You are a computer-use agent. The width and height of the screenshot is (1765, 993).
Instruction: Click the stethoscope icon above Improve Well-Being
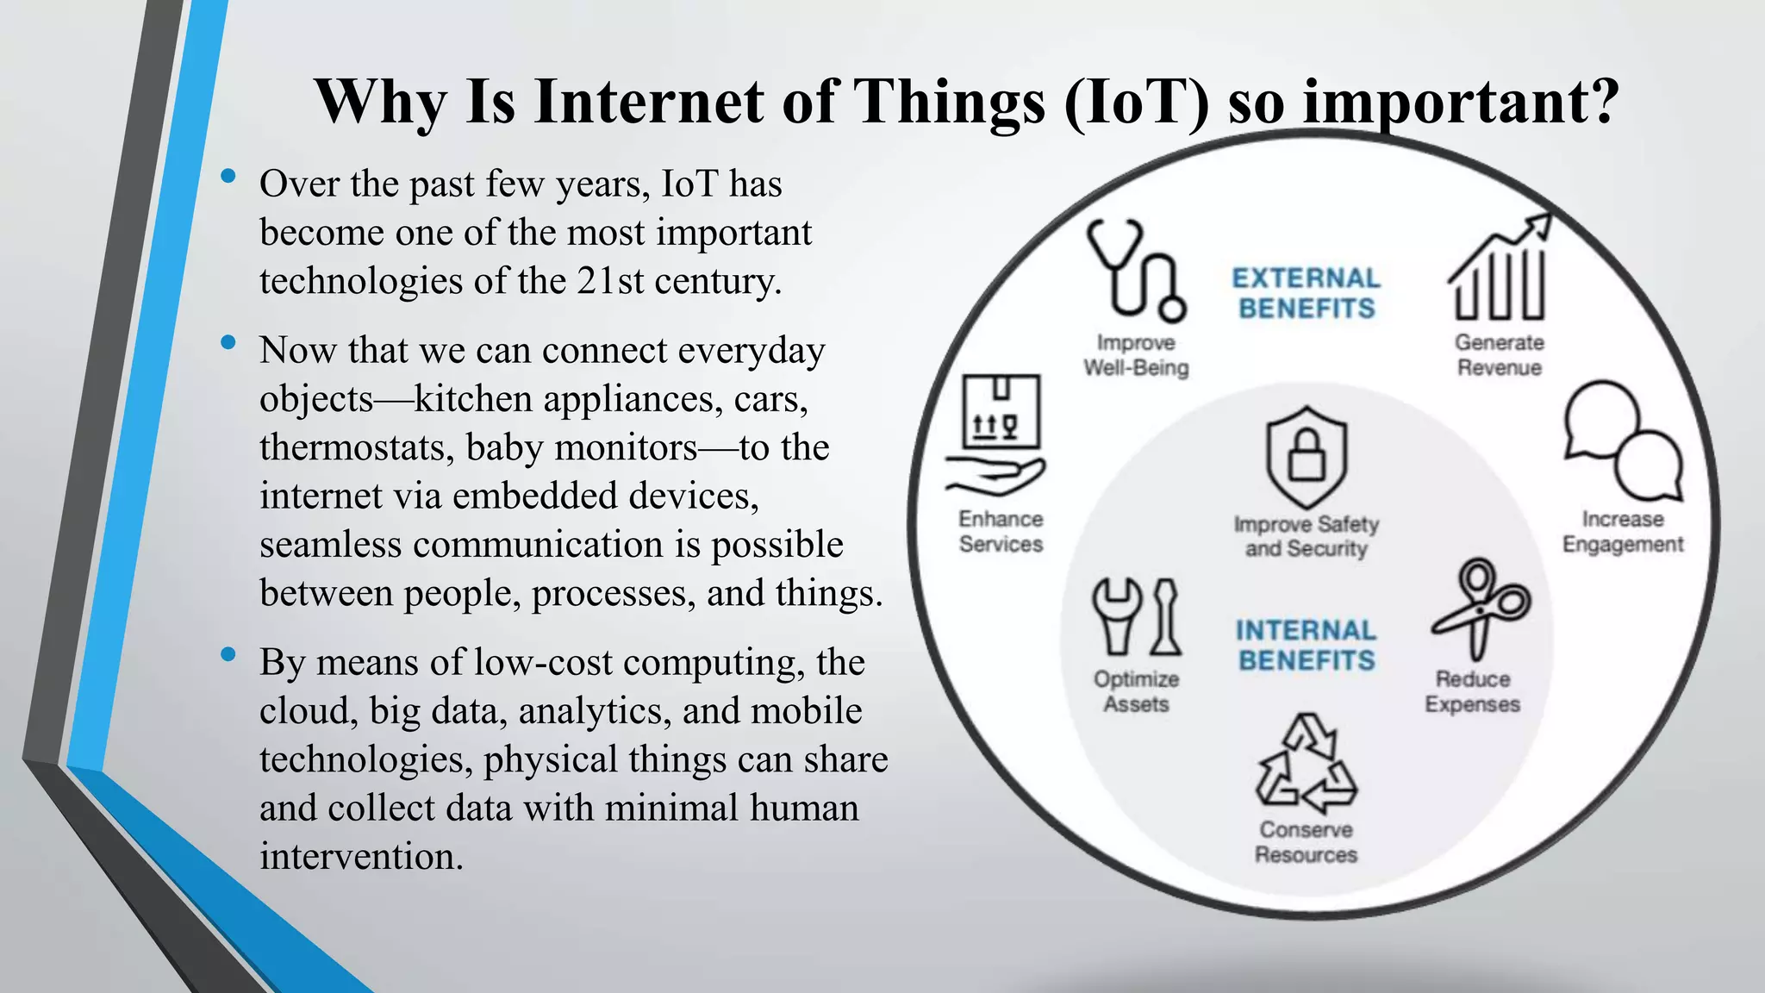pos(1135,270)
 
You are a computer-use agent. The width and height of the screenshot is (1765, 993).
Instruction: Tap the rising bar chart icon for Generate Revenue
pos(1500,270)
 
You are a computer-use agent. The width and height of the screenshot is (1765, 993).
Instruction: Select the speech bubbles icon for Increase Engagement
pos(1623,441)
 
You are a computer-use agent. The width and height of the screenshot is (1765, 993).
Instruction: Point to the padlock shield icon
pos(1307,457)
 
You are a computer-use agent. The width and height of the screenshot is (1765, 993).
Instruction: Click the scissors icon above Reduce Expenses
pos(1479,608)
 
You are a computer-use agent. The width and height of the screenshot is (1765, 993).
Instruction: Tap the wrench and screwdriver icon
pos(1136,617)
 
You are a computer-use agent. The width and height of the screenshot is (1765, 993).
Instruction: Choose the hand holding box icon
pos(998,435)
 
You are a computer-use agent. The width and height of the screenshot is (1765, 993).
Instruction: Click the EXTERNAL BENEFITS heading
pos(1307,293)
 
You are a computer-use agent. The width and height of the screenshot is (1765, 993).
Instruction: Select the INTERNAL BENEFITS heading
pos(1307,645)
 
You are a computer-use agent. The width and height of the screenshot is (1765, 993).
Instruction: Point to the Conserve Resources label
pos(1306,842)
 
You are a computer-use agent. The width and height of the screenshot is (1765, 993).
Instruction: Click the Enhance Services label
pos(1001,531)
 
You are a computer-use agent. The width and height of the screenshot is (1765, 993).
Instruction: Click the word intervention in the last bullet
pos(361,857)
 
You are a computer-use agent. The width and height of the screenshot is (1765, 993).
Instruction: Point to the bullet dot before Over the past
pos(228,177)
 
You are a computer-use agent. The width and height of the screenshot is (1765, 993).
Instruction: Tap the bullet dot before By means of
pos(228,655)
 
